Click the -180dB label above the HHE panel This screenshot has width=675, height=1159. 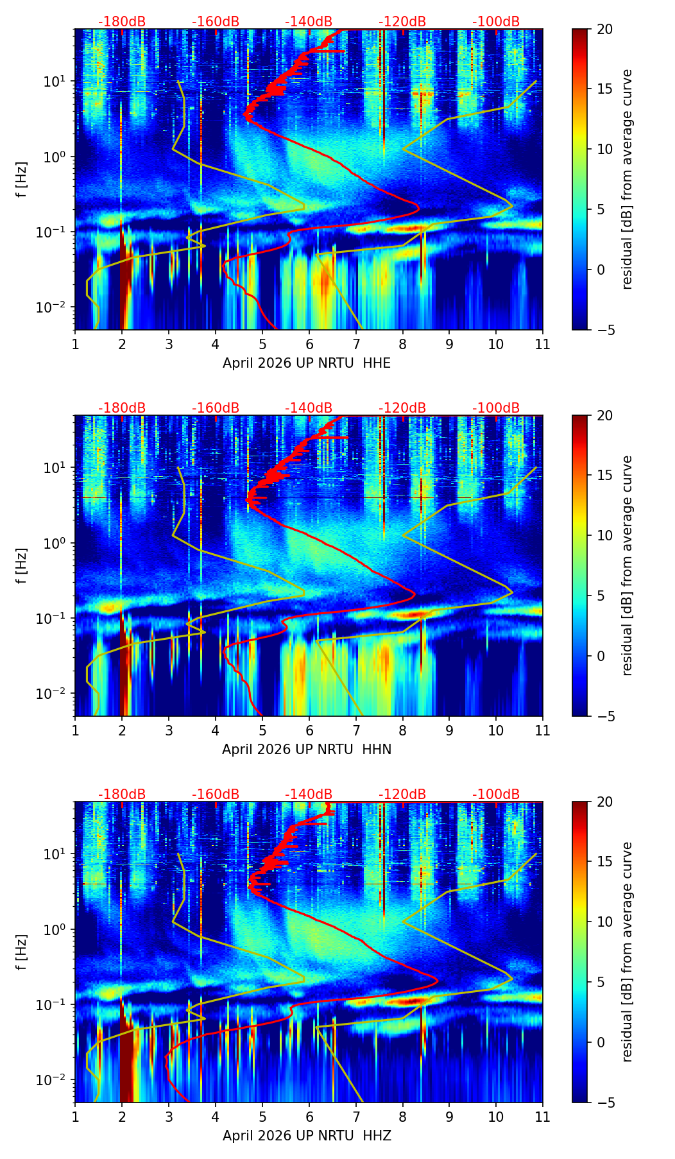122,22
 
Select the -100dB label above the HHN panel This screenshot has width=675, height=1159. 496,408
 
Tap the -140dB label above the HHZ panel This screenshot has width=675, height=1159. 309,794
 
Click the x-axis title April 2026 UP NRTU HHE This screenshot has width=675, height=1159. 307,363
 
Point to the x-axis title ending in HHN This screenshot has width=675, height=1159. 307,750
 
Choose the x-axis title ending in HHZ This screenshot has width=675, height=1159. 307,1136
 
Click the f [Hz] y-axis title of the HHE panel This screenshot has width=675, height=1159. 22,180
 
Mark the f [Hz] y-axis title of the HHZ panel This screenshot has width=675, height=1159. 22,952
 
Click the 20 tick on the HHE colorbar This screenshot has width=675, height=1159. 604,29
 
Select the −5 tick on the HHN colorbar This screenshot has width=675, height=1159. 604,716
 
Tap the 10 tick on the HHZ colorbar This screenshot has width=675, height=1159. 604,922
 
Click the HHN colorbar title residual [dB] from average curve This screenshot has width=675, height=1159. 628,565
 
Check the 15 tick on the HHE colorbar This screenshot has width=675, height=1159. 604,89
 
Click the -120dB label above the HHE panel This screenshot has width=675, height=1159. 402,22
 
